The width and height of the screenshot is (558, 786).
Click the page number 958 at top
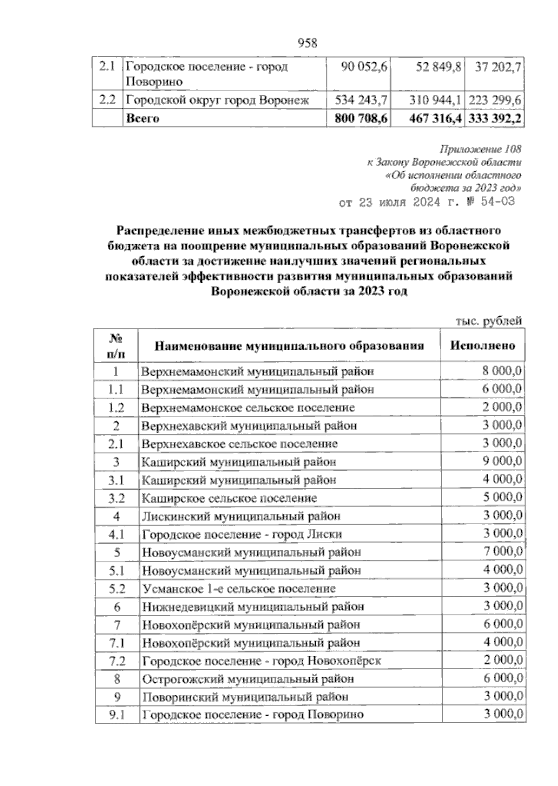307,43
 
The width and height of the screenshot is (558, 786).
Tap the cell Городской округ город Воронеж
218,100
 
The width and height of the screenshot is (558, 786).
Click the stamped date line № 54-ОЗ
427,203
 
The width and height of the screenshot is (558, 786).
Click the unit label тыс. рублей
489,320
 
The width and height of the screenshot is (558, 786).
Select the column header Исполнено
483,346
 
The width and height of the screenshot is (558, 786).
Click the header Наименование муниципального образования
289,346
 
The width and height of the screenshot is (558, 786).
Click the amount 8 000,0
502,371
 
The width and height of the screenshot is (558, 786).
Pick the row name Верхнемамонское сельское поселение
248,408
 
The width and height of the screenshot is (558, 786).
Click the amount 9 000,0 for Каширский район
502,461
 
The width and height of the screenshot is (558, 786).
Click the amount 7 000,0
502,552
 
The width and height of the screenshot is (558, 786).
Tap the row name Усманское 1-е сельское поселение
239,589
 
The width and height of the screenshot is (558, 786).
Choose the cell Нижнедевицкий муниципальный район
253,606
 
